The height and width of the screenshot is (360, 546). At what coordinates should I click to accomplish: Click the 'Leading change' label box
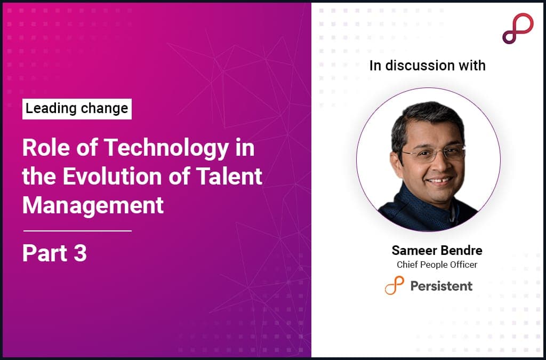click(77, 109)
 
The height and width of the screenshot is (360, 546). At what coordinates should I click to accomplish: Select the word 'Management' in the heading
click(93, 205)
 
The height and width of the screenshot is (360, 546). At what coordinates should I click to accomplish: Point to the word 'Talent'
click(235, 177)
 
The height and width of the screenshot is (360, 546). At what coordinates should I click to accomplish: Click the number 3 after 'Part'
click(80, 253)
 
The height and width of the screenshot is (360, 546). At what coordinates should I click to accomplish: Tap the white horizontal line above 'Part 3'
click(77, 231)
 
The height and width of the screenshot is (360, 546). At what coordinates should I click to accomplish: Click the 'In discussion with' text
click(427, 66)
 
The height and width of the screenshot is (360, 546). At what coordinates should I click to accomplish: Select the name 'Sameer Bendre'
click(437, 251)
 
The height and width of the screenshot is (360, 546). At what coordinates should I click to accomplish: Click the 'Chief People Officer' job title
click(437, 265)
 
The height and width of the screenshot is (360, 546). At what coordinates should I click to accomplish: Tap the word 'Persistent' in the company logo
click(441, 286)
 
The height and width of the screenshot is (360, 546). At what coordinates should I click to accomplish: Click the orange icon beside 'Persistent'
click(394, 285)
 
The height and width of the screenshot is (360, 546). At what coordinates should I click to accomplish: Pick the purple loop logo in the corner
click(517, 28)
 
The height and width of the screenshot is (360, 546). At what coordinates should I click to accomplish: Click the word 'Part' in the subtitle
click(45, 253)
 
